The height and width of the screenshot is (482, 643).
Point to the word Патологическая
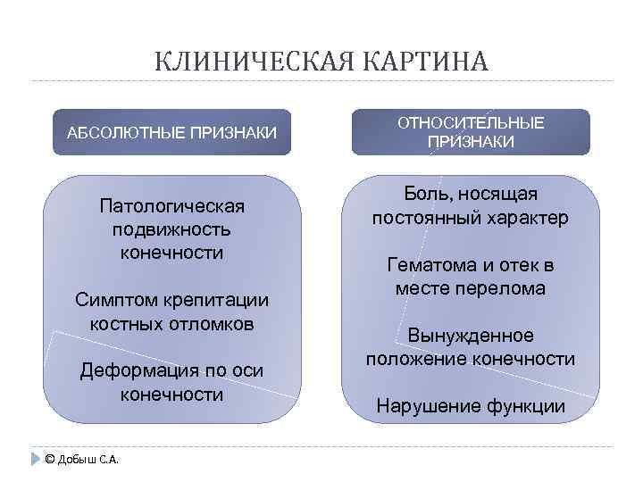click(x=171, y=207)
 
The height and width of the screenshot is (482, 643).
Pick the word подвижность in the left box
click(x=171, y=229)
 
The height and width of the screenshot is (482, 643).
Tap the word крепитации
click(x=220, y=300)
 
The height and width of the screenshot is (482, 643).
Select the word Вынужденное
click(x=471, y=336)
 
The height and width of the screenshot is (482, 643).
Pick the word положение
click(x=418, y=359)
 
